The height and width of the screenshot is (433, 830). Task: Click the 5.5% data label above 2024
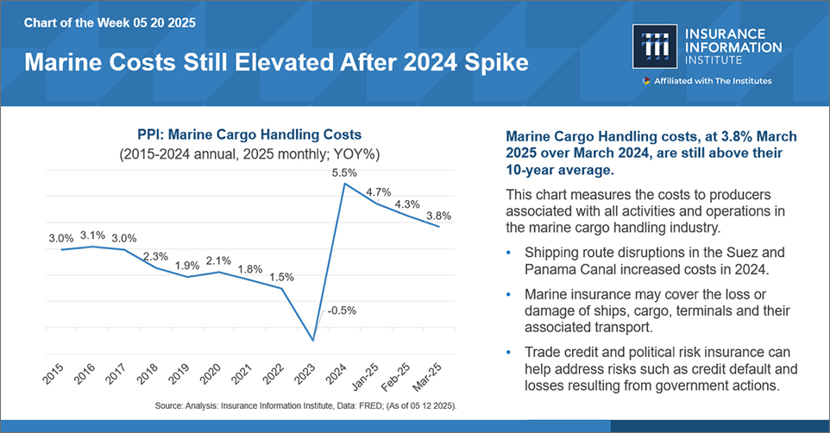tap(346, 173)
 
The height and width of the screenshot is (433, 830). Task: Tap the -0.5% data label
tap(342, 311)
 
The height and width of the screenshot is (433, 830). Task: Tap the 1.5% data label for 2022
tap(282, 278)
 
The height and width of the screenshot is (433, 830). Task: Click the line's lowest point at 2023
tap(314, 341)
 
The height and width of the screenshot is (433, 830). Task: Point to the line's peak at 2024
tap(345, 183)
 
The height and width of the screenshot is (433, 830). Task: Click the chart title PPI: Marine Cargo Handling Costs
tap(249, 135)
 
